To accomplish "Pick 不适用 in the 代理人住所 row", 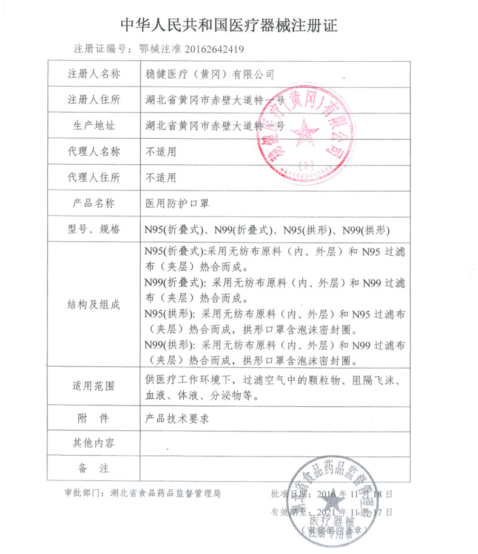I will click(x=160, y=178).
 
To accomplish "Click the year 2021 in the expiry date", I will click(x=325, y=512).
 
